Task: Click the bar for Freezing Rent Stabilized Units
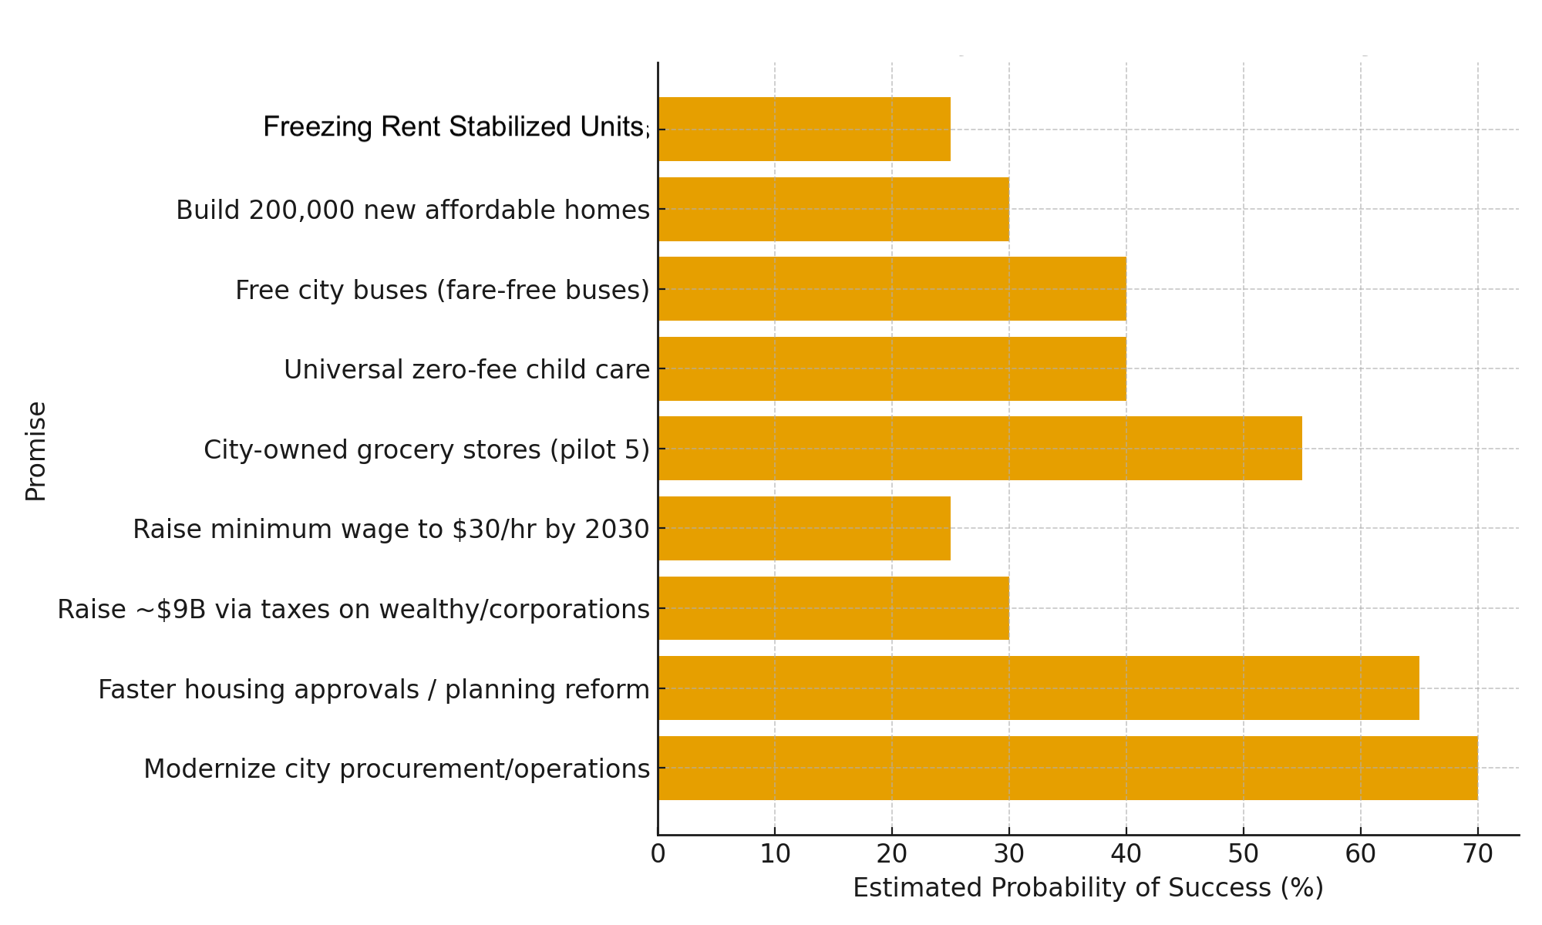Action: tap(804, 129)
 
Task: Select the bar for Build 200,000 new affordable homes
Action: tap(833, 209)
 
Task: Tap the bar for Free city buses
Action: tap(892, 289)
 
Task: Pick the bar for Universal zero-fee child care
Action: tap(892, 368)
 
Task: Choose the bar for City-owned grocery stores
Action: tap(980, 449)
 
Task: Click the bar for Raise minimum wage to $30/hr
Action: tap(804, 528)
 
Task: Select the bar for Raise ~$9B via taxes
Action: tap(833, 608)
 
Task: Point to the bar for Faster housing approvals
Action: tap(1039, 688)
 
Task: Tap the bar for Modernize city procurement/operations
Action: tap(1068, 768)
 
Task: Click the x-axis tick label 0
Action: tap(658, 854)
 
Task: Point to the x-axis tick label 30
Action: tap(1009, 854)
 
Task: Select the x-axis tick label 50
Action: tap(1244, 854)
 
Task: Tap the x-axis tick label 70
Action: tap(1477, 854)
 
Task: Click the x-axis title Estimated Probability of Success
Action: tap(1088, 888)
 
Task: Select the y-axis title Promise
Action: tap(35, 451)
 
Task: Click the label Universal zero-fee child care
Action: tap(466, 370)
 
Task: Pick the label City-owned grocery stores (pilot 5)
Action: tap(426, 449)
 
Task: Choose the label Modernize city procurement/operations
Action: tap(396, 769)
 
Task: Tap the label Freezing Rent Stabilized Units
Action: tap(456, 127)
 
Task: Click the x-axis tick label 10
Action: tap(775, 854)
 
